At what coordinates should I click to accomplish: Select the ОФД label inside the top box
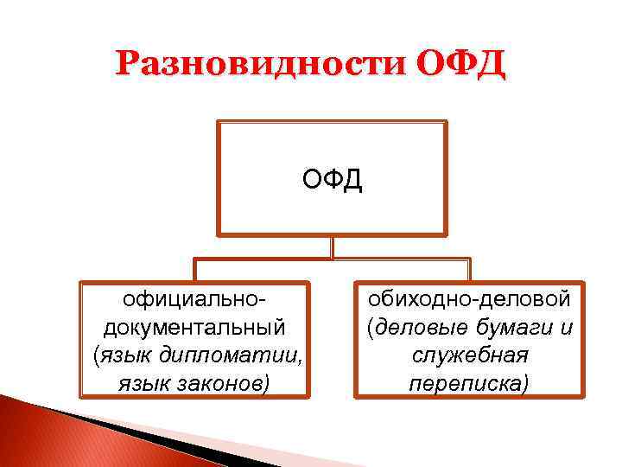click(333, 181)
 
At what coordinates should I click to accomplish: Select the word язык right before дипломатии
click(127, 354)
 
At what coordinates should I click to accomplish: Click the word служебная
click(469, 354)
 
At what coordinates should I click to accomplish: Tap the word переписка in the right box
click(469, 381)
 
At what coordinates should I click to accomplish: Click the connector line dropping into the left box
click(195, 269)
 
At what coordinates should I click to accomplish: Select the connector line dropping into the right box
click(469, 269)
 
